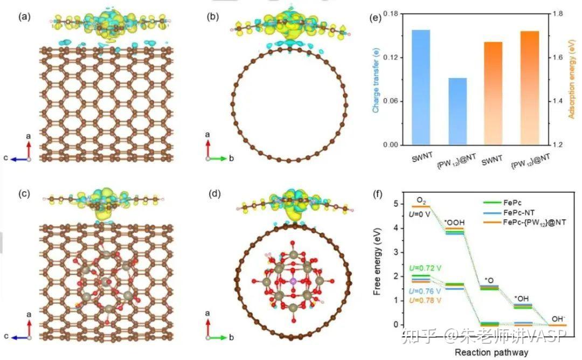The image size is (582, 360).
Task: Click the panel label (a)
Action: pos(24,16)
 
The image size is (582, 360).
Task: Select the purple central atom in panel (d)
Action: pos(292,281)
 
